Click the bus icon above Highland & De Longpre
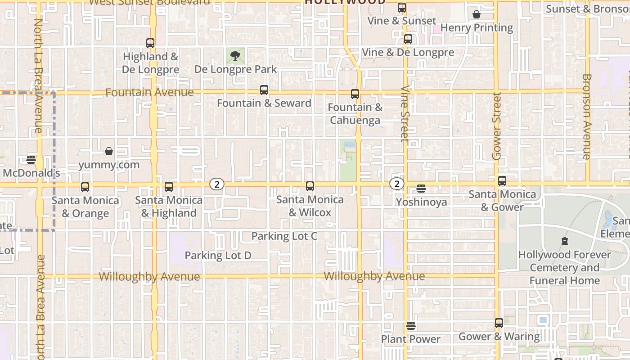click(150, 43)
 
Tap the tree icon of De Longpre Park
click(235, 56)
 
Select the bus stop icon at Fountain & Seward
click(264, 90)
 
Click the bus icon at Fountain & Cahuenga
click(355, 94)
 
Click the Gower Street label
click(497, 126)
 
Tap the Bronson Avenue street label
click(587, 117)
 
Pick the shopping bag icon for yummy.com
click(109, 151)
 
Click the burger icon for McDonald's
click(31, 159)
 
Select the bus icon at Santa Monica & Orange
click(85, 187)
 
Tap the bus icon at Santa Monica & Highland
click(169, 187)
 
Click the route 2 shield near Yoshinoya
click(396, 184)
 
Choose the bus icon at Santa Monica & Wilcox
click(310, 186)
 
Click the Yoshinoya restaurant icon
click(421, 189)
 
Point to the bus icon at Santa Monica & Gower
click(502, 181)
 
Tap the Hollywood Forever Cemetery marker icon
click(565, 241)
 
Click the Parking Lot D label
click(218, 256)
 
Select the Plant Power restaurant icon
click(410, 325)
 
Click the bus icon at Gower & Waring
click(499, 323)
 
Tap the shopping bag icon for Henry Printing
click(477, 14)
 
